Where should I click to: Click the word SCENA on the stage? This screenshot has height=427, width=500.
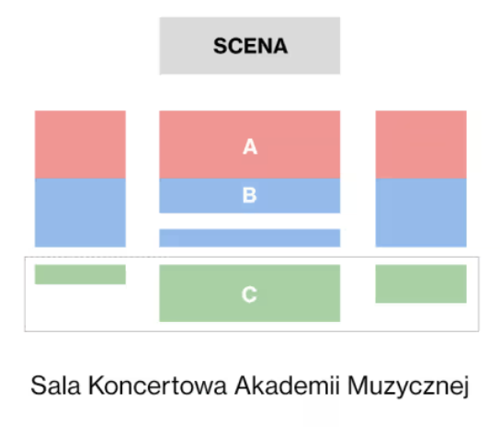250,46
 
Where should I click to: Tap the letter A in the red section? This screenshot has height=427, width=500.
250,146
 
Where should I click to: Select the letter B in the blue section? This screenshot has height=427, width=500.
249,195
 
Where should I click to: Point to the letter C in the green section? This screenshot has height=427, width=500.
249,294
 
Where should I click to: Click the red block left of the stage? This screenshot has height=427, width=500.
80,144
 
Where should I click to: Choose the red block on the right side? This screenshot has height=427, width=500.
421,144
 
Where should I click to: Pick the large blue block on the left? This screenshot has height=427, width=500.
80,213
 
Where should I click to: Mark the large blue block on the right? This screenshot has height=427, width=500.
421,213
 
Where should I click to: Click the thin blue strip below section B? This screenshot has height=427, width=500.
250,238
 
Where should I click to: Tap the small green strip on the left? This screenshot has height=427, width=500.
80,274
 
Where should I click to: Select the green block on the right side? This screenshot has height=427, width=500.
421,283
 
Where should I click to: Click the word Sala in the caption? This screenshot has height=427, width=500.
55,386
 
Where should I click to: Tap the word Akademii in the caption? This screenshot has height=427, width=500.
287,386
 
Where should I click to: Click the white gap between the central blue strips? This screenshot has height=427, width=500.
250,221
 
